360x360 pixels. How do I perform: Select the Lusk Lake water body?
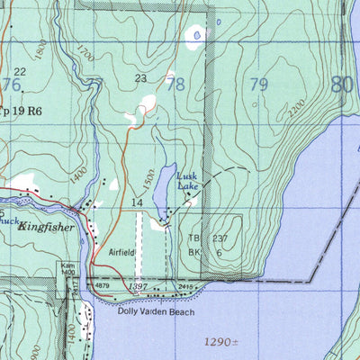(159, 190)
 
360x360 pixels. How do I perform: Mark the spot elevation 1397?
(137, 286)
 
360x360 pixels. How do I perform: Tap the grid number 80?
(341, 85)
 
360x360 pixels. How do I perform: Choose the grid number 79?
(258, 85)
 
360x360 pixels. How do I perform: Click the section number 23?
(140, 78)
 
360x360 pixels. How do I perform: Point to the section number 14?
(136, 204)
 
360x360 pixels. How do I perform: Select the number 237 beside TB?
(221, 238)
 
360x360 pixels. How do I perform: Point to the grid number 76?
(12, 85)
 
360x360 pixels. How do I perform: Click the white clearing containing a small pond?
(195, 35)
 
